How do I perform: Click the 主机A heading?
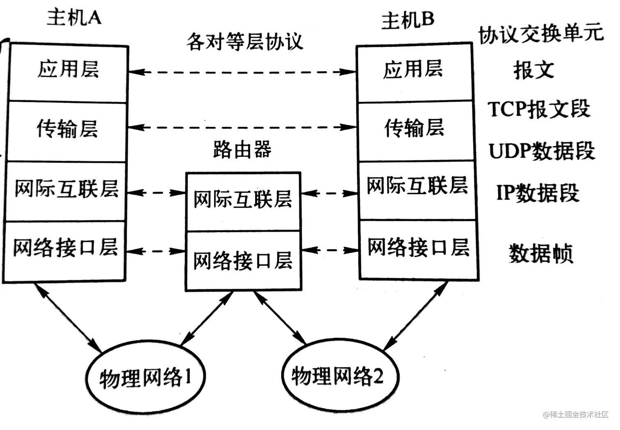(74, 18)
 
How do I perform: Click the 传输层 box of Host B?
(415, 130)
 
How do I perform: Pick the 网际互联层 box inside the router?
(243, 200)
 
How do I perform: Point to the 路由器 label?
(242, 149)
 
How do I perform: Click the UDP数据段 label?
(541, 151)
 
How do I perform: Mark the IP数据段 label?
(538, 192)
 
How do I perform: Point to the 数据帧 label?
(540, 253)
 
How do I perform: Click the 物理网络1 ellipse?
(145, 377)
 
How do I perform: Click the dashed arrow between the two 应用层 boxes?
(242, 72)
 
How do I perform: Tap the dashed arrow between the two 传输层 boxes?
(242, 127)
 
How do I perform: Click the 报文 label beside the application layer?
(533, 70)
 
